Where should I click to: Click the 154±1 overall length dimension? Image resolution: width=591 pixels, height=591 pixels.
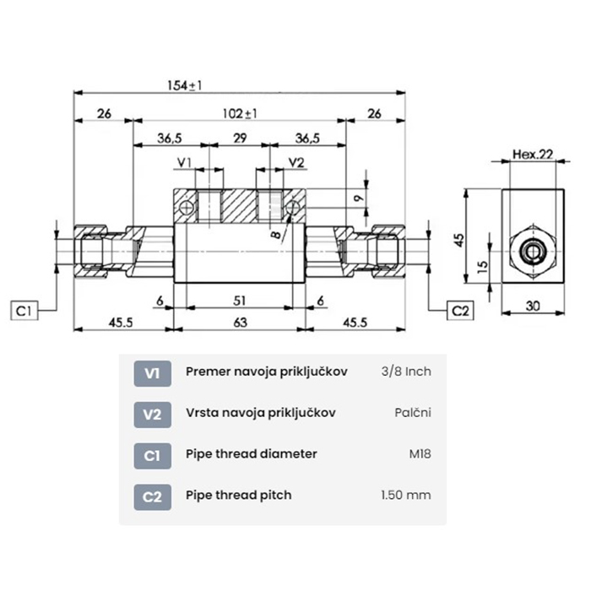183,85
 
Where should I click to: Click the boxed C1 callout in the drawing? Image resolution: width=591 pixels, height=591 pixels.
25,311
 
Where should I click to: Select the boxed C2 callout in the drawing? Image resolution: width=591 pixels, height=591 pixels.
459,311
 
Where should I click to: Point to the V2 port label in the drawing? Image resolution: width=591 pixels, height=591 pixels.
297,162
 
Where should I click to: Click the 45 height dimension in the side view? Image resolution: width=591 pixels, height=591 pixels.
459,240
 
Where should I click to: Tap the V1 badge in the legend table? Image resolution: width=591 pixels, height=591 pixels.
152,372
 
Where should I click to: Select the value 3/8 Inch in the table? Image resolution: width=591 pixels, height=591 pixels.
407,372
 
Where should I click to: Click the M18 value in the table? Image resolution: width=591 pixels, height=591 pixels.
419,454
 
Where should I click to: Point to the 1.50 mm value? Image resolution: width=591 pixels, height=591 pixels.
406,495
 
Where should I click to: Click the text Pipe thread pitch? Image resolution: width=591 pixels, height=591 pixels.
238,495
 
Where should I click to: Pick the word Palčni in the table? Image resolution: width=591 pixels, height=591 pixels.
413,413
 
